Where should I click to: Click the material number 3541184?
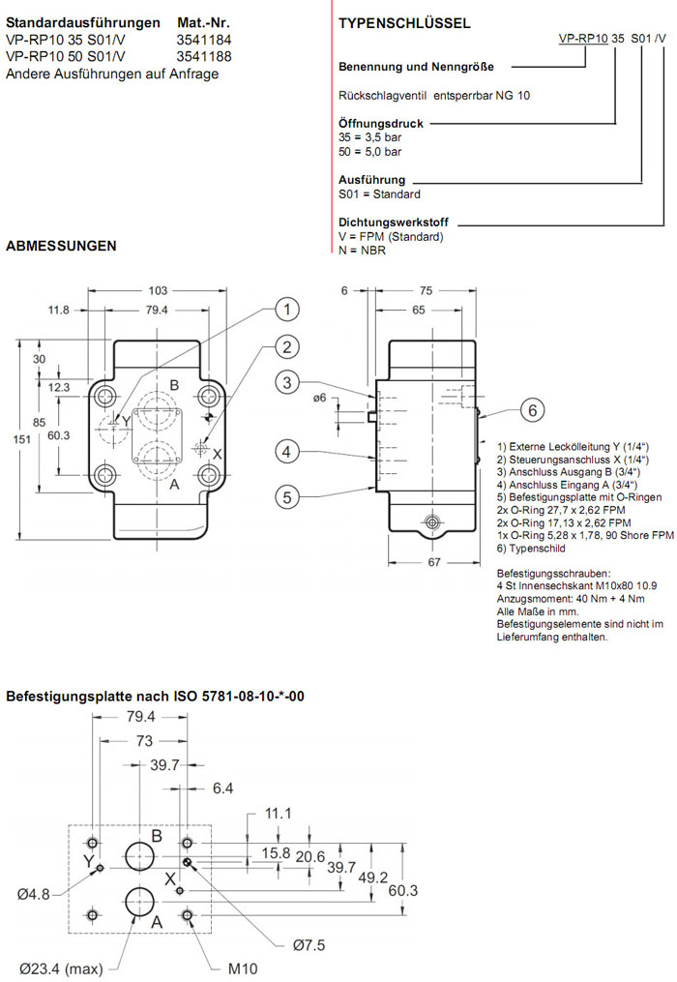(x=204, y=40)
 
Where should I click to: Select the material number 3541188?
(x=204, y=56)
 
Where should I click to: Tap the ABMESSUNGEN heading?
(x=61, y=246)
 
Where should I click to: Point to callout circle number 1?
(x=285, y=310)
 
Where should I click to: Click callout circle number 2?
(x=285, y=346)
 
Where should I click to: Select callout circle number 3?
(x=286, y=383)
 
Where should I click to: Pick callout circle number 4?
(x=286, y=450)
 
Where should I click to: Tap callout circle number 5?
(x=286, y=497)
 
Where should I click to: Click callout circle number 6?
(x=531, y=410)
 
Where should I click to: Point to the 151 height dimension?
(x=11, y=440)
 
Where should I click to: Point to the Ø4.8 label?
(x=33, y=893)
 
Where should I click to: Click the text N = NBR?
(x=363, y=250)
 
